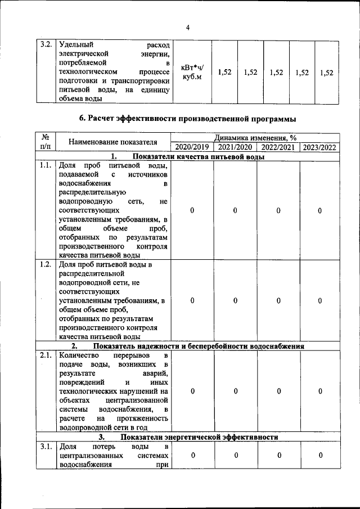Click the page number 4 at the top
click(x=188, y=28)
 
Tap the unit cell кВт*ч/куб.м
click(x=192, y=72)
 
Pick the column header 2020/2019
click(x=192, y=147)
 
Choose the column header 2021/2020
click(x=235, y=147)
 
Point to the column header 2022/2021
click(x=278, y=147)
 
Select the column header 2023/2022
click(x=319, y=147)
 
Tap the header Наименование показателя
click(x=112, y=142)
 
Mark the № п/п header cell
click(x=46, y=142)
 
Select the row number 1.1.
click(x=46, y=165)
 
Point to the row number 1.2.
click(x=46, y=264)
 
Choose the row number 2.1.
click(x=46, y=355)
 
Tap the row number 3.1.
click(x=46, y=447)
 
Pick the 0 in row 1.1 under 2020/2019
click(x=192, y=210)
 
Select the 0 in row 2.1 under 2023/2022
click(x=319, y=391)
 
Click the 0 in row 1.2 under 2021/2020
click(x=235, y=300)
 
